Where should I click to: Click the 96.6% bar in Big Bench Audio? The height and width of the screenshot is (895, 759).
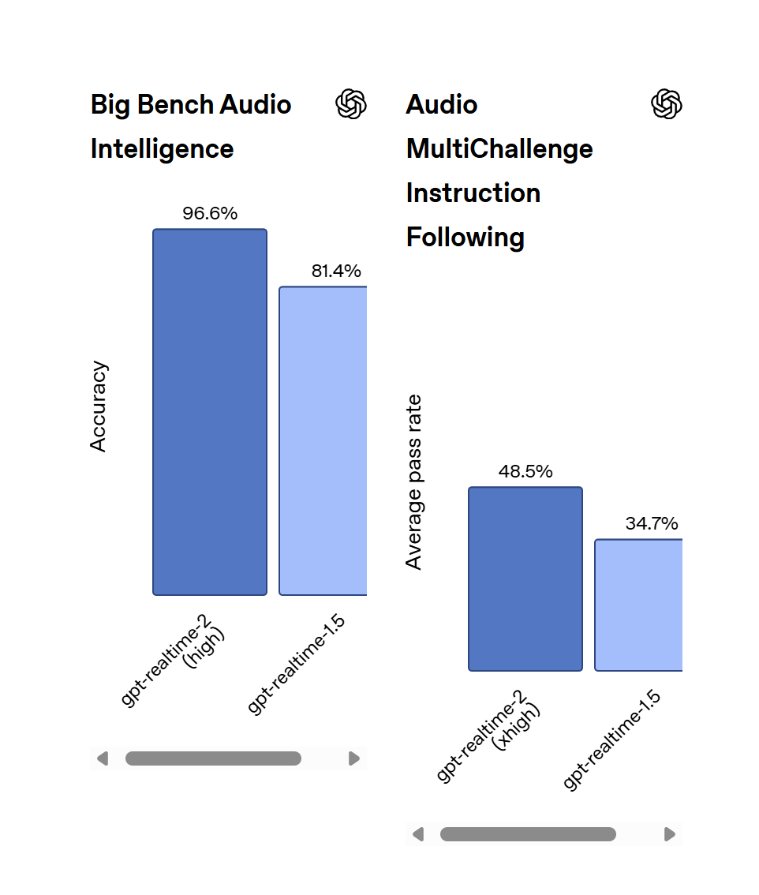(x=209, y=412)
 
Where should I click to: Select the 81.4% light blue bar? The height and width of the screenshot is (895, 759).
(x=323, y=440)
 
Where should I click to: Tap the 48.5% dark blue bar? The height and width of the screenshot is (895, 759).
(x=525, y=579)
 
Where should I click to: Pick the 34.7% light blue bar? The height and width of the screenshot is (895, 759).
(x=638, y=605)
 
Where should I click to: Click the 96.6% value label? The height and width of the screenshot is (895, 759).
(x=209, y=213)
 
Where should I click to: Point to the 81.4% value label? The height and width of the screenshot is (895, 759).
(x=336, y=271)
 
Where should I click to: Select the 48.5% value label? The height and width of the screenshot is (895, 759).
(x=525, y=471)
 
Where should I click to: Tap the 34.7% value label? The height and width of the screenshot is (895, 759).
(x=652, y=523)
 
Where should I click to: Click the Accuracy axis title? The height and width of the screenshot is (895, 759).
(x=98, y=406)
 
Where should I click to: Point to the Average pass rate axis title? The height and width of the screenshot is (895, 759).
(x=413, y=482)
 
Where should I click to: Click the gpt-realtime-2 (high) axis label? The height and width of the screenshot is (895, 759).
(x=174, y=660)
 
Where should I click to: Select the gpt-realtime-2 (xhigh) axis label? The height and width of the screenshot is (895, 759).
(x=488, y=736)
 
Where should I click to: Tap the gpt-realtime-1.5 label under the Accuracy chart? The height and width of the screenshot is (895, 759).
(x=296, y=664)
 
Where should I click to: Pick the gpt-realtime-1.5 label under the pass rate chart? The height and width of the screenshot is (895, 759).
(x=611, y=740)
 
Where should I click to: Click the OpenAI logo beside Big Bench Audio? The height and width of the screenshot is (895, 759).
(x=351, y=104)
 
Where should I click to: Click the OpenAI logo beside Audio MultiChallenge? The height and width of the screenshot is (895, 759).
(x=667, y=104)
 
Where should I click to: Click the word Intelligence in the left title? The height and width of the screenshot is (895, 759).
(x=162, y=149)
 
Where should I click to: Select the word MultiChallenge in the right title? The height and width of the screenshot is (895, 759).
(x=499, y=149)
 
